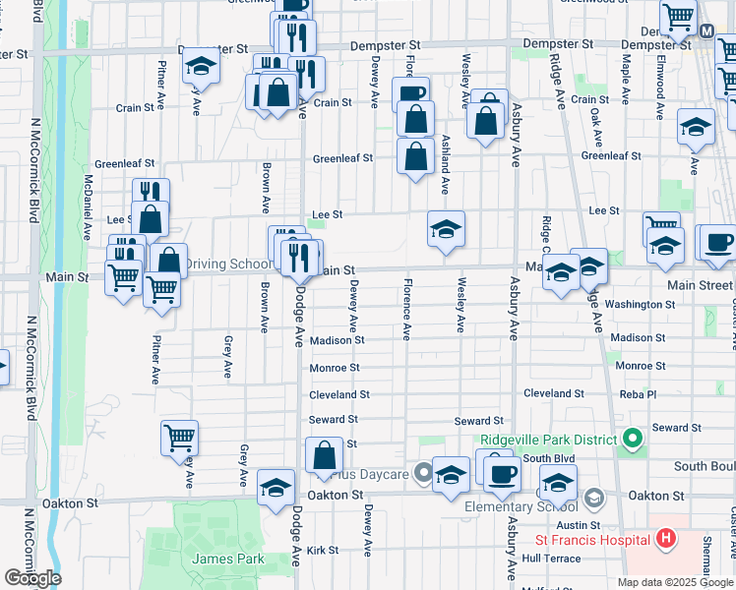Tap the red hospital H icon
(x=666, y=539)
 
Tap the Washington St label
(x=640, y=305)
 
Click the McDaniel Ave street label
(x=88, y=203)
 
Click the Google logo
(x=32, y=578)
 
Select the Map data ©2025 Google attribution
(x=674, y=582)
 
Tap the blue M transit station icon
(x=706, y=30)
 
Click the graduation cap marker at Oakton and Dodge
(x=276, y=486)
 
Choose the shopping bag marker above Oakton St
(x=324, y=455)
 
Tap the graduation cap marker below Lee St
(x=446, y=230)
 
